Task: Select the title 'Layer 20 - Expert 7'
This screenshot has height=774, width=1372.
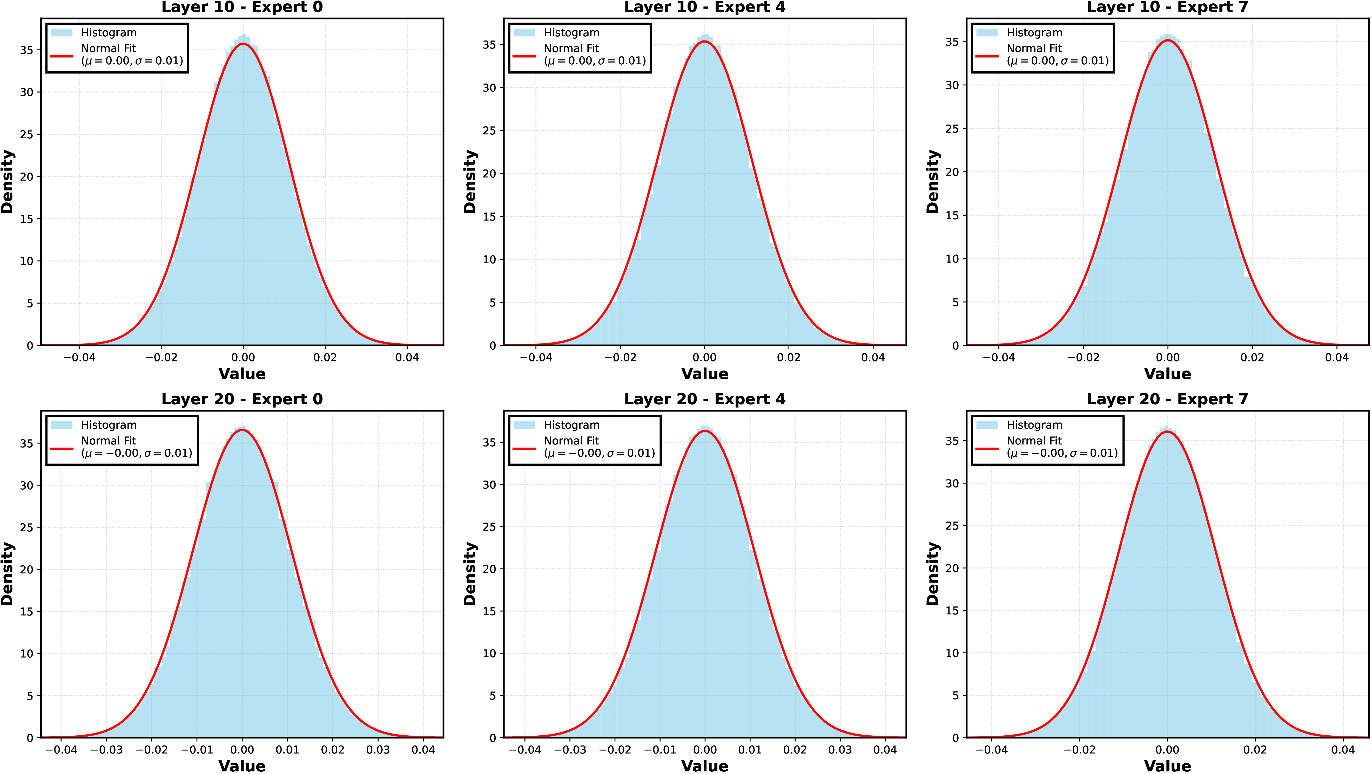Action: tap(1167, 399)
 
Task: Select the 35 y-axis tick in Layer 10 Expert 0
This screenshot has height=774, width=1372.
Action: tap(27, 50)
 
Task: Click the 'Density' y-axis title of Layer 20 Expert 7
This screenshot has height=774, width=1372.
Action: tap(933, 574)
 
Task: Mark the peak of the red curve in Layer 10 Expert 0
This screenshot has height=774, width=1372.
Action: tap(243, 44)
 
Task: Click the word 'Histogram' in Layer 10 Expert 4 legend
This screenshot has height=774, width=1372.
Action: tap(571, 33)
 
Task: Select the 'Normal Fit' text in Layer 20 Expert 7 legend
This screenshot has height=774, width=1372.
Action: tap(1034, 441)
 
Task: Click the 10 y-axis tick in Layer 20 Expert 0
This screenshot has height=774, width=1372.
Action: tap(27, 654)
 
